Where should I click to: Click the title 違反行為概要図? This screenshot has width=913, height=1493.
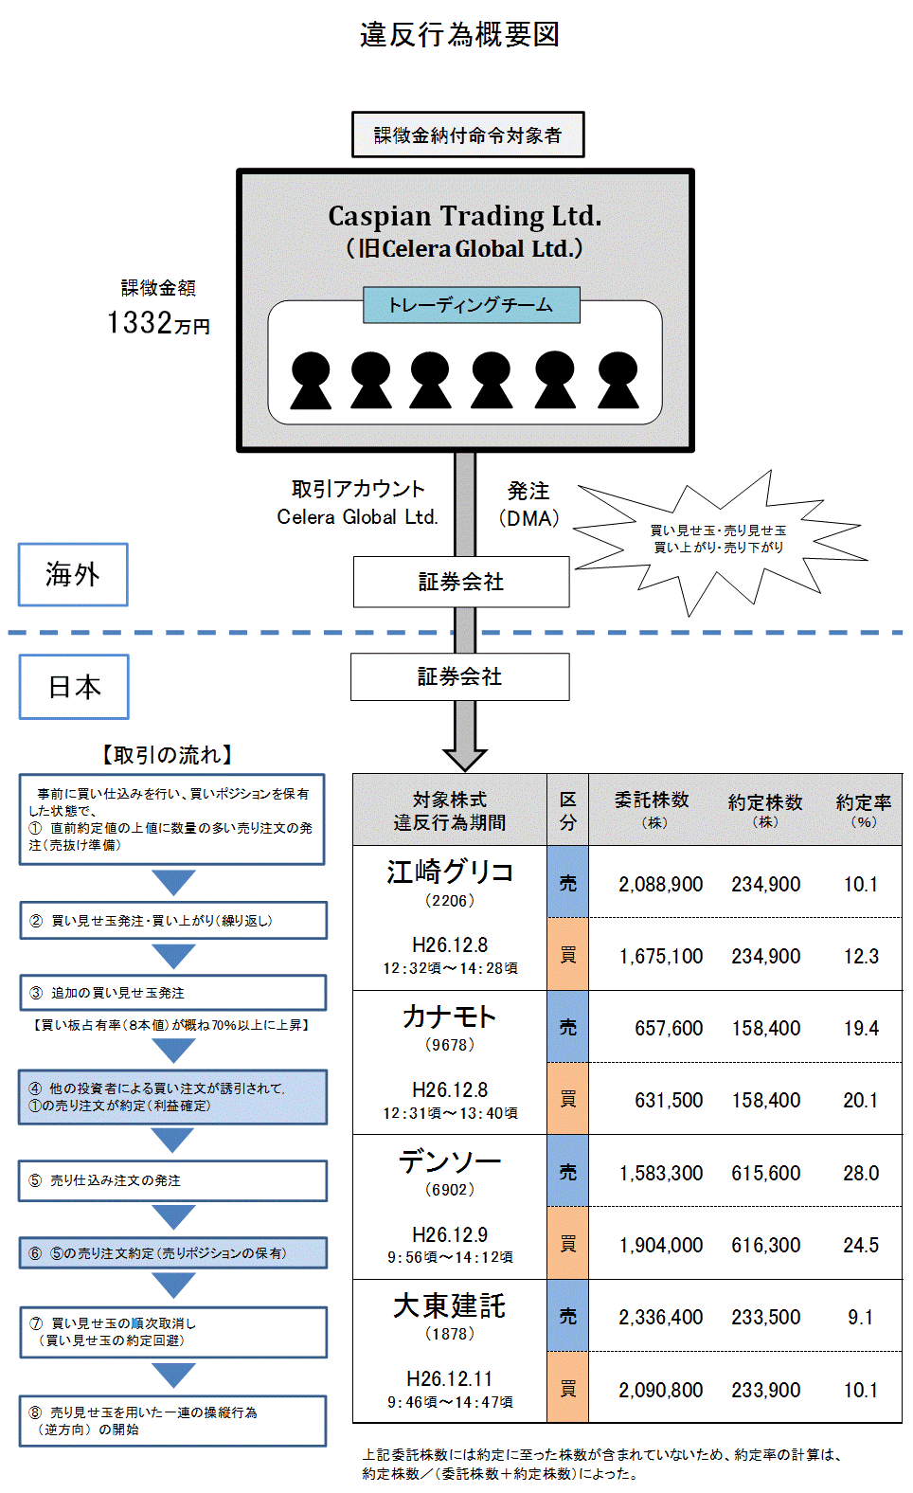(x=459, y=35)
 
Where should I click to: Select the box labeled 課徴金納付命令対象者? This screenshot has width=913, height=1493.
(x=468, y=135)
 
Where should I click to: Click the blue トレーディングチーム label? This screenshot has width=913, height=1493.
(x=471, y=305)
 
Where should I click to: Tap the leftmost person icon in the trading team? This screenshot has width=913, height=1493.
(x=311, y=381)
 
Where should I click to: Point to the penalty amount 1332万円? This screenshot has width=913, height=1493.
(x=158, y=323)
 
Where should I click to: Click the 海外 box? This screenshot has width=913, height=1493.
(x=73, y=574)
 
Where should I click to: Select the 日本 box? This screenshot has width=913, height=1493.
(x=74, y=687)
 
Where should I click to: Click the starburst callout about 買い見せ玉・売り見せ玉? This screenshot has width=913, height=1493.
(x=719, y=539)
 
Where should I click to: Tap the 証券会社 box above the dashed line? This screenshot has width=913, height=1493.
(x=461, y=582)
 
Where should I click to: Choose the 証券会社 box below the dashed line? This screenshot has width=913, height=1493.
(x=460, y=676)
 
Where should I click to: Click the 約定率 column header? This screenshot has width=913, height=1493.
(x=863, y=809)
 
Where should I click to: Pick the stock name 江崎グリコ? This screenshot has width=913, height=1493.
(x=450, y=872)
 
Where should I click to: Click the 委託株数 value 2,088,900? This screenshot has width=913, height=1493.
(x=660, y=884)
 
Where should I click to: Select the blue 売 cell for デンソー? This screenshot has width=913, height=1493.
(x=567, y=1172)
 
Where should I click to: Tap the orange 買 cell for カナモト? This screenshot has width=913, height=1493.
(x=567, y=1099)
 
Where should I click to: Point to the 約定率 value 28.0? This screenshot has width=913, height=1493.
(x=861, y=1173)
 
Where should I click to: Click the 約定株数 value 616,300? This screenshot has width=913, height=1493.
(x=765, y=1245)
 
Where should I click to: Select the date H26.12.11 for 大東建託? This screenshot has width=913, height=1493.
(x=449, y=1378)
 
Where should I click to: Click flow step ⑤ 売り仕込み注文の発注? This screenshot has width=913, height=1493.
(x=173, y=1180)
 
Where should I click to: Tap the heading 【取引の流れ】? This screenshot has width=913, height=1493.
(x=168, y=755)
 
